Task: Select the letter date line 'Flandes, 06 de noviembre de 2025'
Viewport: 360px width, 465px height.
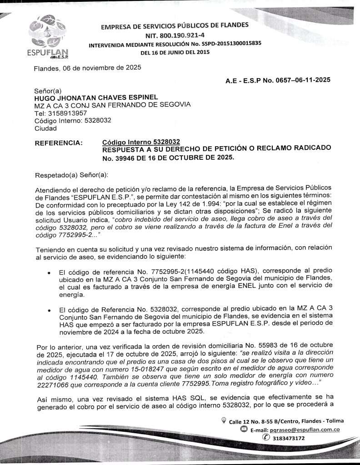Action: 88,69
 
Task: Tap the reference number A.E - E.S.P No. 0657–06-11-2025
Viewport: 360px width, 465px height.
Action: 278,80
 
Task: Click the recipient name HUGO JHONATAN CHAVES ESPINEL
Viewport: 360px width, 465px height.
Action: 96,97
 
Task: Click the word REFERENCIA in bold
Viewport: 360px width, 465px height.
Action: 59,143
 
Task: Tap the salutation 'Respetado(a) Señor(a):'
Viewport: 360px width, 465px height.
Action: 71,175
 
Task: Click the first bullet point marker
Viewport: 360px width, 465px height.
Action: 49,273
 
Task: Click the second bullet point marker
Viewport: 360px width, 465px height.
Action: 49,310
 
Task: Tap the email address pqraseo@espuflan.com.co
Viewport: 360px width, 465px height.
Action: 309,429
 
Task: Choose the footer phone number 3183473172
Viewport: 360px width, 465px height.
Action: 289,438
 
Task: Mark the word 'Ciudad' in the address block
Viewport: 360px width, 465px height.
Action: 45,128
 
